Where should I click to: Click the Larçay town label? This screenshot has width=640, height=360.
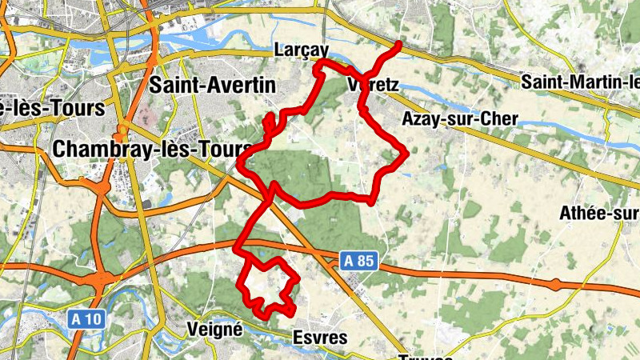[300, 48]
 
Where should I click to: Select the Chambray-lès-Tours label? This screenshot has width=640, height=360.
[151, 149]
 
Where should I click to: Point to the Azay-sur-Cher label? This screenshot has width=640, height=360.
[460, 119]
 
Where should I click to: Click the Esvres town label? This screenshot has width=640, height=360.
[320, 338]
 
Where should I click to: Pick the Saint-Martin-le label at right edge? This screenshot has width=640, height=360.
[580, 82]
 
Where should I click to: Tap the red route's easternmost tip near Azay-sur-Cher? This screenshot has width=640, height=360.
[406, 151]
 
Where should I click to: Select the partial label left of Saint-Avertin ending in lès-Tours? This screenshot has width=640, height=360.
[52, 107]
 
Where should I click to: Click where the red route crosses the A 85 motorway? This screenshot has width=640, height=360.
[246, 240]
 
